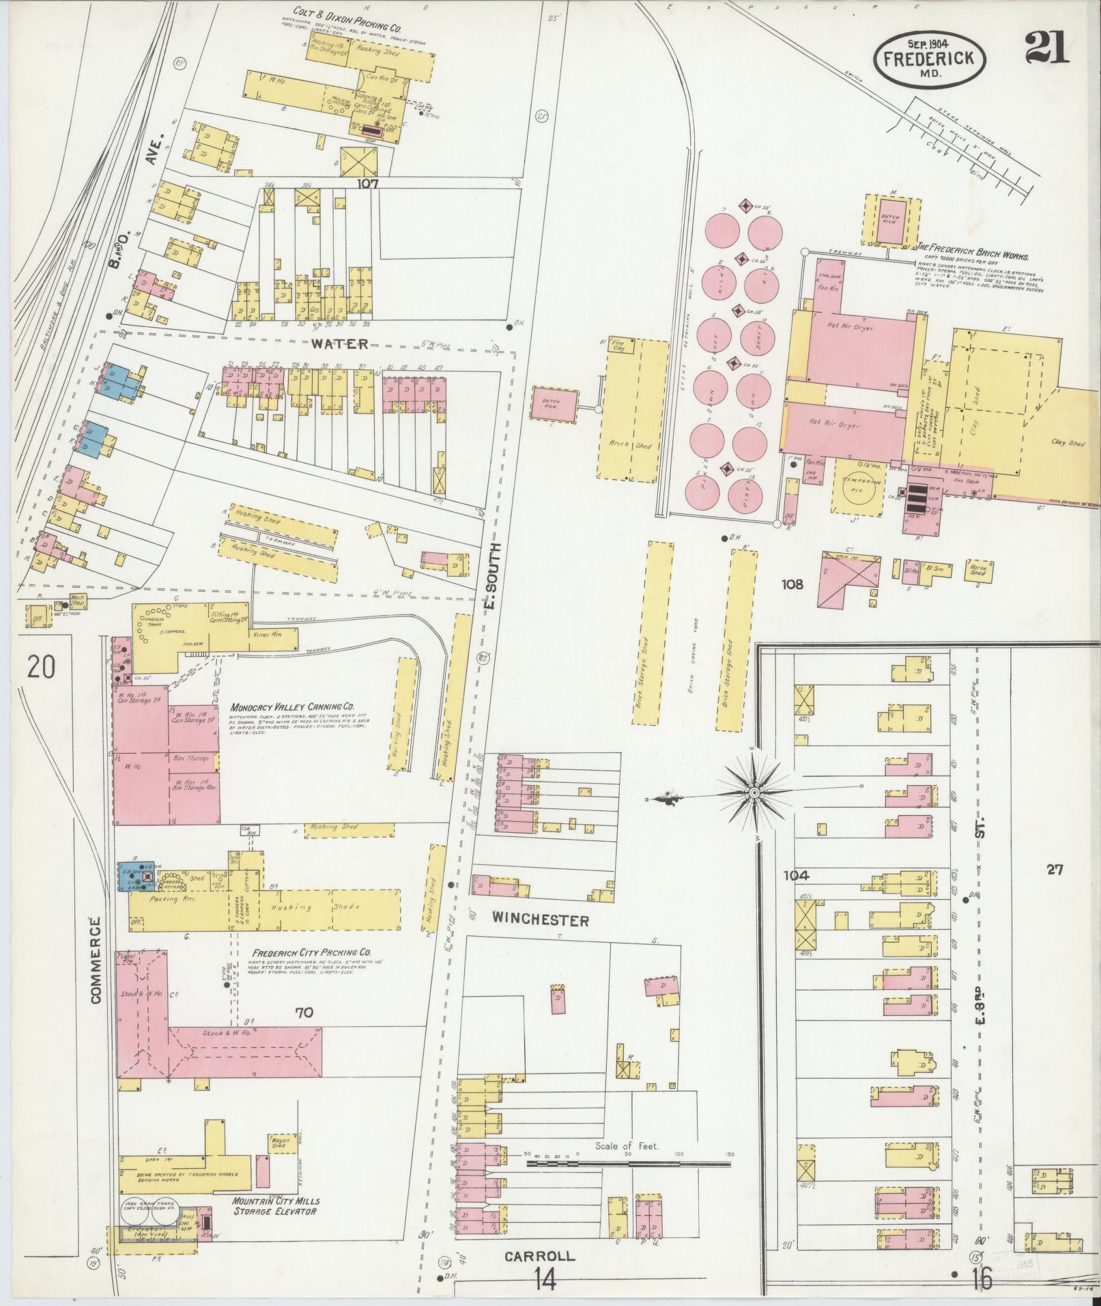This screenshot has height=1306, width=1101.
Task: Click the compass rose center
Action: coord(754,792)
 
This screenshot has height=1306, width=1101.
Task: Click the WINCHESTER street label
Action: coord(540,921)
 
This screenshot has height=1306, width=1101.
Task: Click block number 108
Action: coord(794,584)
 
